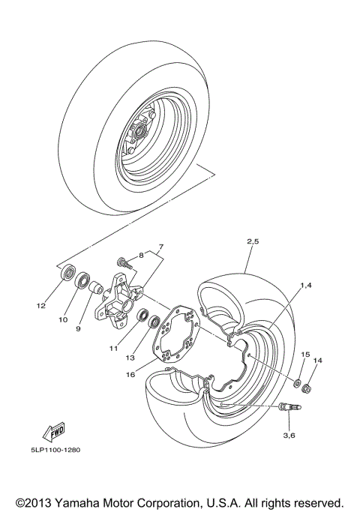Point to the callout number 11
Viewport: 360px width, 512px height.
(x=113, y=349)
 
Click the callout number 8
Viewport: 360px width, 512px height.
(x=159, y=247)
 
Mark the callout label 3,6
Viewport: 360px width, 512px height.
(x=288, y=434)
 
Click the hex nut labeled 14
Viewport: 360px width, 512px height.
(x=306, y=389)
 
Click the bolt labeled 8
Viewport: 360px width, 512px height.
(x=124, y=262)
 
